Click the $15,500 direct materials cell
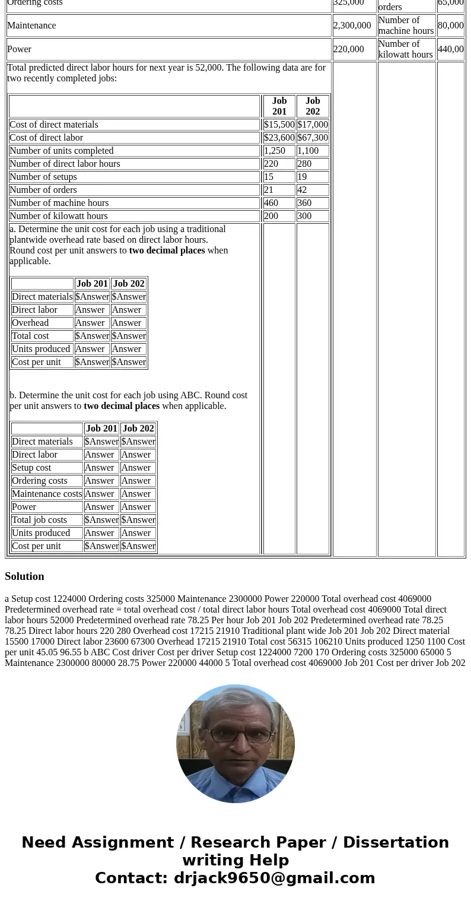tap(279, 125)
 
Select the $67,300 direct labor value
tap(313, 138)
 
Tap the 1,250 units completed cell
tap(274, 151)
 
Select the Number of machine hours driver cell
tap(406, 26)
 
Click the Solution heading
tap(24, 576)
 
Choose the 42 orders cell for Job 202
tap(303, 190)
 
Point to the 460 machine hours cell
tap(271, 203)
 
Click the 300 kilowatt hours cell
tap(304, 216)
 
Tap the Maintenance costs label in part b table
tap(47, 494)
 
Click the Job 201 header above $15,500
tap(279, 106)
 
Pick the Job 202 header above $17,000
tap(313, 106)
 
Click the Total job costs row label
tap(39, 520)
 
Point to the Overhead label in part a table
tap(30, 323)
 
